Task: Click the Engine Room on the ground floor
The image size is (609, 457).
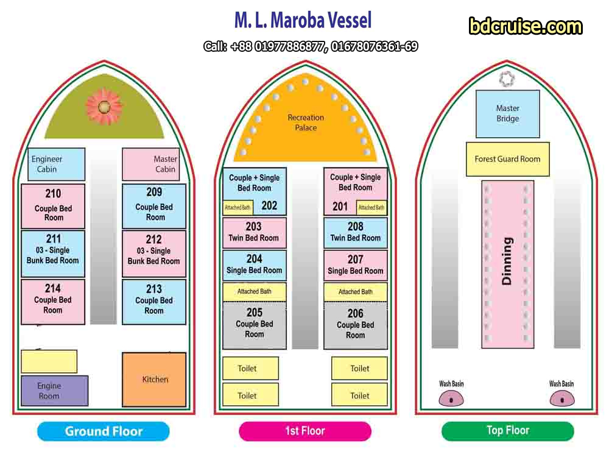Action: coord(54,391)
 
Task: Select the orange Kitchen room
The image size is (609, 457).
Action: coord(154,379)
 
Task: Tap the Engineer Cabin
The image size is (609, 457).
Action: coord(56,164)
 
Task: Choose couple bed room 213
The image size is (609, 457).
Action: coord(154,301)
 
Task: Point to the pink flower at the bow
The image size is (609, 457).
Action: coord(104,106)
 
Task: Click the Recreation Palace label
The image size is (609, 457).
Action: coord(306,122)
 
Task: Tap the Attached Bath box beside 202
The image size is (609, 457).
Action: coord(238,207)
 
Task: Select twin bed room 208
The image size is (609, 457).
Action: coord(355,232)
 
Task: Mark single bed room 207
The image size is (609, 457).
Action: coord(355,265)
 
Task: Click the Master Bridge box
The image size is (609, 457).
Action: coord(507,113)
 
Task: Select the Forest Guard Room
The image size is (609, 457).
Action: coord(507,159)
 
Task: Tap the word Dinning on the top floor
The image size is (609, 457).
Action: coord(507,261)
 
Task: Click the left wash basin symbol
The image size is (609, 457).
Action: coord(451,399)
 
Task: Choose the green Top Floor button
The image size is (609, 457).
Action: coord(507,431)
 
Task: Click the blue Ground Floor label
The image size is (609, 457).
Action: coord(104,431)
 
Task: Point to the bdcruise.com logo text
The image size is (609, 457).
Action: coord(526,27)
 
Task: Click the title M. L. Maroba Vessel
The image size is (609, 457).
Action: coord(303,21)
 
